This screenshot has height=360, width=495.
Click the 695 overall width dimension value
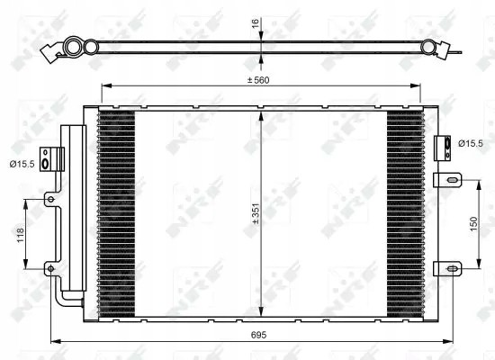258,335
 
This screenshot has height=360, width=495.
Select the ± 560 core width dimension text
258,80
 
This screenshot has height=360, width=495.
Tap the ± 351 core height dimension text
256,214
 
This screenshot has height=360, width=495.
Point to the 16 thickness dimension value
256,22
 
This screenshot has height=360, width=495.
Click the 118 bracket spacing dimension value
20,235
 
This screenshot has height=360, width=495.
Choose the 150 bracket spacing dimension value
473,223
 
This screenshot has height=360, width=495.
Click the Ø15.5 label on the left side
22,164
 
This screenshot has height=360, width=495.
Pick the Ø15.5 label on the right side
471,143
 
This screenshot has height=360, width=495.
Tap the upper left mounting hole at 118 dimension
50,199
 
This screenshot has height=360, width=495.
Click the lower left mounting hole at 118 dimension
50,269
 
